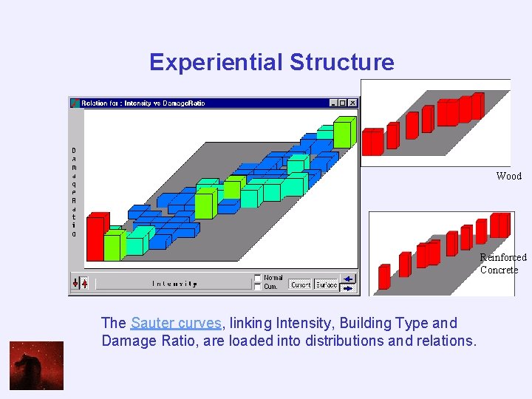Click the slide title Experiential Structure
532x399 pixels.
(x=271, y=62)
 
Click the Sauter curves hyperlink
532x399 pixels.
(x=176, y=323)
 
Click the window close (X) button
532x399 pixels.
(x=353, y=103)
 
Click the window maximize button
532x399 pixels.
(x=344, y=103)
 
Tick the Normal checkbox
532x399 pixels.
(x=257, y=278)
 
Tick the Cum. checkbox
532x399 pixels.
(x=257, y=286)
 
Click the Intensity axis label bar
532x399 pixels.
(x=174, y=283)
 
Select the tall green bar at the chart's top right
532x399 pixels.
(x=343, y=132)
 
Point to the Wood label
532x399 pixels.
(x=508, y=176)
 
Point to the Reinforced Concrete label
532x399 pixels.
(x=502, y=263)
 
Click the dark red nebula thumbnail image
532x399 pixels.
(x=36, y=366)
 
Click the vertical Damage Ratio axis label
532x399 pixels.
(x=74, y=192)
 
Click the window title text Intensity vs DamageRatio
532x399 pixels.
(x=143, y=103)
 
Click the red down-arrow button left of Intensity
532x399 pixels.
(x=75, y=283)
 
